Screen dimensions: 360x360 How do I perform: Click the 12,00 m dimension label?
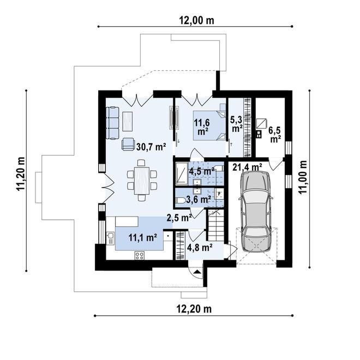click(x=196, y=21)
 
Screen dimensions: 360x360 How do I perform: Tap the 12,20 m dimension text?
click(x=194, y=309)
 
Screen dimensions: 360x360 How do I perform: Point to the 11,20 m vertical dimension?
click(x=20, y=174)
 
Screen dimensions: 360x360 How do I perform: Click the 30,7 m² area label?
click(x=151, y=147)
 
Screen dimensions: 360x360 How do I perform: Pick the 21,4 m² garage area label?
click(x=247, y=167)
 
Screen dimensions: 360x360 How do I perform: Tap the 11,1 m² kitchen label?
click(x=143, y=237)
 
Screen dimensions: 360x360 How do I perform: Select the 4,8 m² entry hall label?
click(x=200, y=247)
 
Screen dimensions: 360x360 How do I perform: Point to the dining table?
click(x=142, y=181)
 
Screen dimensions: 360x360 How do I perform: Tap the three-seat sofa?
click(x=112, y=123)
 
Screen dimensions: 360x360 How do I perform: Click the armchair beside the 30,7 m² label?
click(x=128, y=144)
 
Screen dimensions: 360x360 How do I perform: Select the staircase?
click(x=216, y=225)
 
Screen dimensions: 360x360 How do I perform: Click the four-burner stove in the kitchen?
click(x=140, y=255)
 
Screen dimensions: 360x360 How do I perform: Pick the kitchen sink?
click(x=110, y=238)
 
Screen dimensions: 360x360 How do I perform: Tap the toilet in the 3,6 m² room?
click(x=180, y=201)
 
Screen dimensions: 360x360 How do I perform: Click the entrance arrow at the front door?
click(x=196, y=272)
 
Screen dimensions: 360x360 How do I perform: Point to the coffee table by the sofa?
click(x=127, y=121)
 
